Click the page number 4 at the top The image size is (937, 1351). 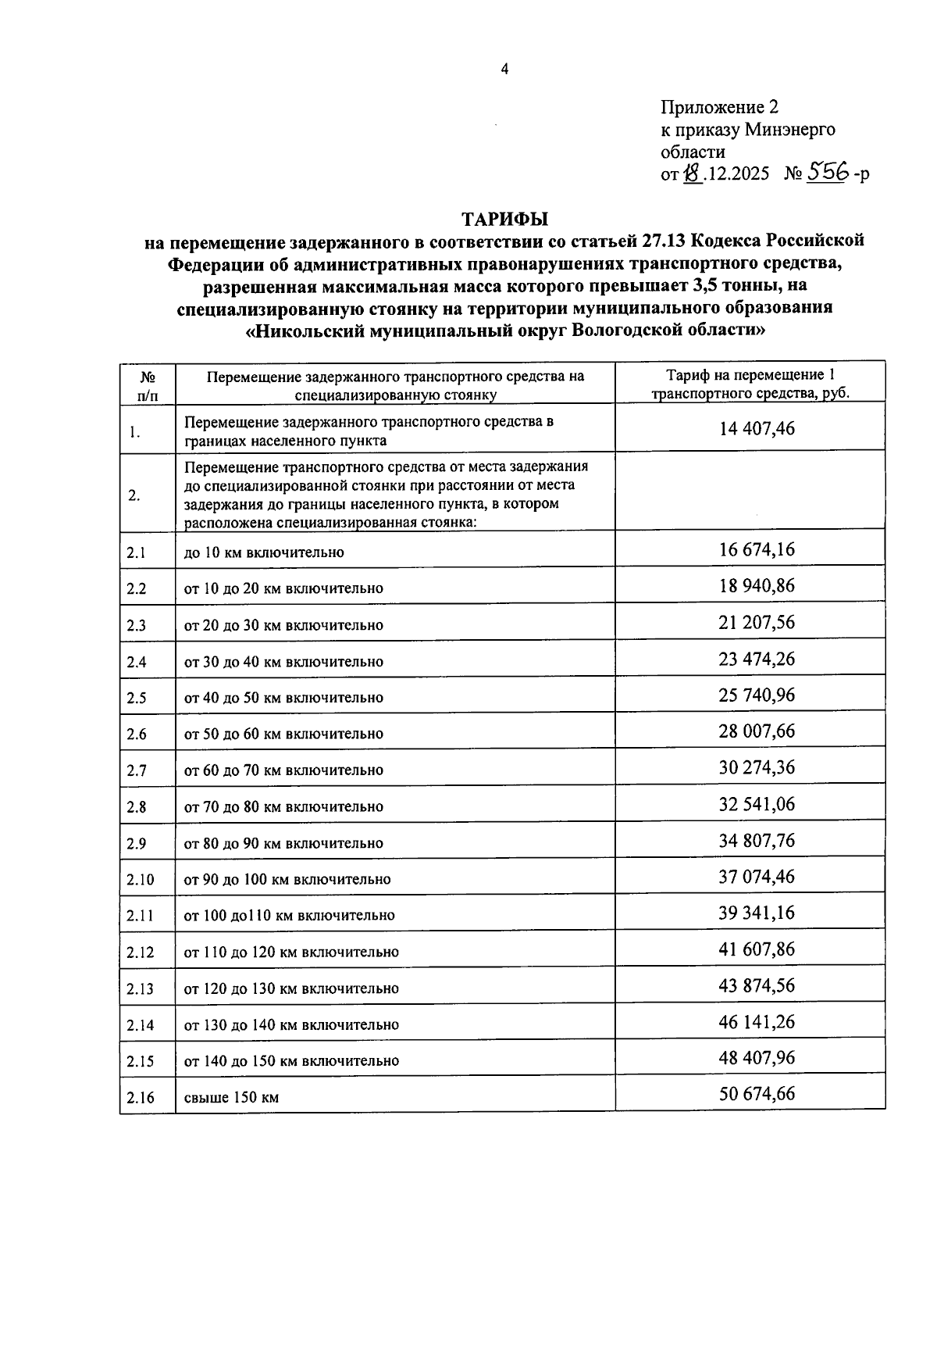click(x=504, y=70)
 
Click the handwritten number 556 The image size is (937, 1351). click(x=827, y=173)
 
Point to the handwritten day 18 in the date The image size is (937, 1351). click(x=692, y=174)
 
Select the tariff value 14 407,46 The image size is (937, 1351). click(x=757, y=428)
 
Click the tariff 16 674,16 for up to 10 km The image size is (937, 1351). click(x=757, y=549)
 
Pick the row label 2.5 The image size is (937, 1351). click(x=137, y=698)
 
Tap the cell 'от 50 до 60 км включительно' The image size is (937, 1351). click(x=283, y=734)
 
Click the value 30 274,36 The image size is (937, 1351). click(x=757, y=767)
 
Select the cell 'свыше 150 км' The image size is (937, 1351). click(x=231, y=1097)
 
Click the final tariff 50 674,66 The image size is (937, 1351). click(x=757, y=1093)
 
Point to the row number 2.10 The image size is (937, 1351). click(x=141, y=879)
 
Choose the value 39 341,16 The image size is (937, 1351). click(x=757, y=913)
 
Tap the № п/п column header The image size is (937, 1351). click(x=147, y=385)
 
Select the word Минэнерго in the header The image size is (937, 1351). click(x=789, y=130)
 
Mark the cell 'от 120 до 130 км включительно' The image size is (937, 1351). click(x=291, y=988)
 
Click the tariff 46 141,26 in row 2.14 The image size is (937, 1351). click(x=757, y=1021)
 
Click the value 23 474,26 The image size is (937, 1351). click(x=757, y=659)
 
